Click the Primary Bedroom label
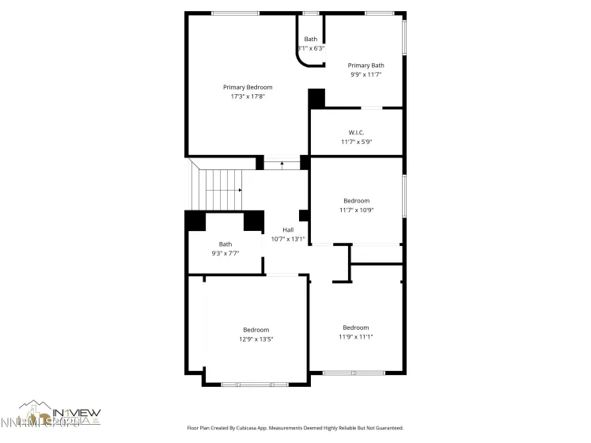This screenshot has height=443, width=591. coord(247,87)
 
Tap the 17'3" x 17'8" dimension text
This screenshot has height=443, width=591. coord(247,97)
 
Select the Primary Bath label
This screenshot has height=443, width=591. coord(366,65)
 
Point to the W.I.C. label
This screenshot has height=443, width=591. coord(356,132)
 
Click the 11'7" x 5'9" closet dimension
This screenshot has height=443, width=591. coord(356,142)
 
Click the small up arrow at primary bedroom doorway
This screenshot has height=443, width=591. coord(282,163)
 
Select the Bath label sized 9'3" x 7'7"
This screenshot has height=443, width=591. coord(225,244)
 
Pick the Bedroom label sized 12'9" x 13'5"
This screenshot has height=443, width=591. coord(256,329)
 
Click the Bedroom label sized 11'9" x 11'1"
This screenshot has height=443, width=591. coord(355,327)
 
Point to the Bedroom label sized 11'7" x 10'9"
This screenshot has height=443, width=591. coord(356,200)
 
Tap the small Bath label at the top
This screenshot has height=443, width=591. coord(310,39)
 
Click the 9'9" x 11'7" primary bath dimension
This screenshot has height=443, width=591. coord(366,74)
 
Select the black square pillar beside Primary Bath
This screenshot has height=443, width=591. coord(316,98)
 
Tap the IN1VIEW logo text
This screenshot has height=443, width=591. coord(77,412)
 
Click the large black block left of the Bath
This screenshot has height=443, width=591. coord(195,221)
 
